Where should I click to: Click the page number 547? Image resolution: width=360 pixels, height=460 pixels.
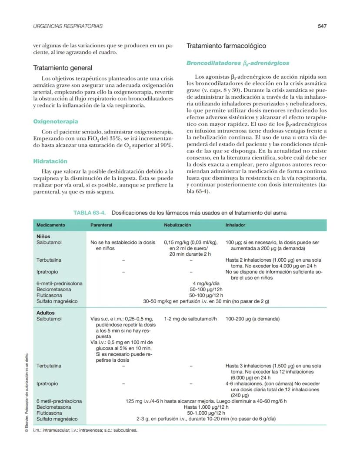pos(322,26)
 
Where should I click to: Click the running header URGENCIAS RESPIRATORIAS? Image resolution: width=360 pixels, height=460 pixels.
pos(68,26)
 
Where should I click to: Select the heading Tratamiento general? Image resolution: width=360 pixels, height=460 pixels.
pos(63,68)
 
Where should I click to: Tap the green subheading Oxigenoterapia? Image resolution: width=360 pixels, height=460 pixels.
pos(56,121)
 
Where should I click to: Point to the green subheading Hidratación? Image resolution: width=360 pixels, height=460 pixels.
pos(50,161)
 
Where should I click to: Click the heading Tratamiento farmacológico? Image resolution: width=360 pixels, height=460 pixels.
pos(226,46)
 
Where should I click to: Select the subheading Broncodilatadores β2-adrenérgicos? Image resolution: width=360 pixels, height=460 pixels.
pos(238,63)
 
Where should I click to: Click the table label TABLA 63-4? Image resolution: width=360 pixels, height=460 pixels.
pos(90,213)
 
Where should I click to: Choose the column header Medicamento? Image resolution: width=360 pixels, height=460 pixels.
pos(51,225)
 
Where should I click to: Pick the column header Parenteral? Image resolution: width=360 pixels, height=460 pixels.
pos(101,225)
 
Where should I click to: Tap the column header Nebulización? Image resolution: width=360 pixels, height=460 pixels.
pos(177,225)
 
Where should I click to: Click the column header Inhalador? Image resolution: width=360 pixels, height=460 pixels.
pos(235,225)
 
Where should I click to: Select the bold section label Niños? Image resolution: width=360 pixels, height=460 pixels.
pos(43,237)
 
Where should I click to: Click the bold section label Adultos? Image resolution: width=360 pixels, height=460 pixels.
pos(46,313)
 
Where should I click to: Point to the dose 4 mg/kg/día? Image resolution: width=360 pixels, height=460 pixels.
pos(206,283)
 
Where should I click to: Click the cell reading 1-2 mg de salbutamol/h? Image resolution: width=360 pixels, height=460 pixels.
pos(190,319)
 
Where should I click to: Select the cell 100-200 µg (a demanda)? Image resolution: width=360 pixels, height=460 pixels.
pos(253,319)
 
